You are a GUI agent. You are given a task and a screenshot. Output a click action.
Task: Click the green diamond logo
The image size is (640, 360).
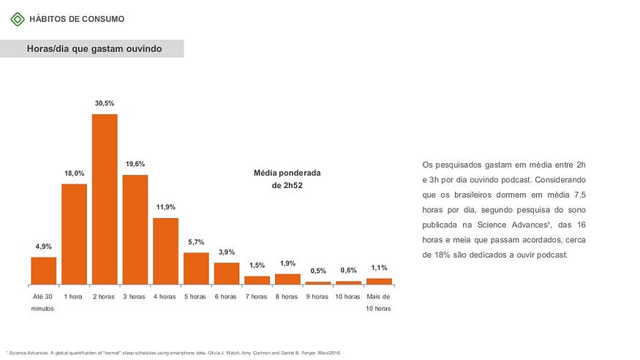click(18, 19)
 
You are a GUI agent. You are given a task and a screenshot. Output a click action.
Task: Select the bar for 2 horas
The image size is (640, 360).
click(105, 199)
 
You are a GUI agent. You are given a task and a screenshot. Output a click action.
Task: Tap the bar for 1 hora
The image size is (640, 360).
click(74, 233)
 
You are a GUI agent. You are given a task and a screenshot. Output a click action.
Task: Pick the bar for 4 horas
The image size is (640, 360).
click(165, 250)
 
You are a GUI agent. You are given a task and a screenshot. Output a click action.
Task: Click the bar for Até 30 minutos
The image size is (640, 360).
click(43, 270)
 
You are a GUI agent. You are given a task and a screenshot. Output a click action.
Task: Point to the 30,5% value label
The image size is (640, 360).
click(105, 104)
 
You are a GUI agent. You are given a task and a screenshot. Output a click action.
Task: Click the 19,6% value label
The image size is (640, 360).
click(135, 164)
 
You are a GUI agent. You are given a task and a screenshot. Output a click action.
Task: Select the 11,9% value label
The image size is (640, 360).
click(165, 207)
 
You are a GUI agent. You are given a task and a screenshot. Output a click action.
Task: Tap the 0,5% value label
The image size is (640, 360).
click(318, 271)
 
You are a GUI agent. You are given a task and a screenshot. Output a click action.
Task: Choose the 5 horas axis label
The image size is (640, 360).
click(196, 296)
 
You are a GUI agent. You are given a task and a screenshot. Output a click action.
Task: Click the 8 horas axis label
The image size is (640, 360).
click(287, 296)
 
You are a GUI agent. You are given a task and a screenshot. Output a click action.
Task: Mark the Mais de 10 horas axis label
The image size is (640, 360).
click(379, 302)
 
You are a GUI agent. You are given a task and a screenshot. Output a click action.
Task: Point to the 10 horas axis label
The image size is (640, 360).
click(348, 296)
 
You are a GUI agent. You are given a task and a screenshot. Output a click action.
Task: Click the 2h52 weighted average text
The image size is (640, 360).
click(287, 186)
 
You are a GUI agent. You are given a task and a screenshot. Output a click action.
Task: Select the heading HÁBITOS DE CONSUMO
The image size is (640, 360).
click(77, 19)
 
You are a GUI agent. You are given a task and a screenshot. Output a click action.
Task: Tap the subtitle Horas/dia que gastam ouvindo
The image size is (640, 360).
click(94, 48)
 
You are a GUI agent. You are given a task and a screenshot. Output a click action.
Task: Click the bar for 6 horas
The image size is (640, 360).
click(227, 273)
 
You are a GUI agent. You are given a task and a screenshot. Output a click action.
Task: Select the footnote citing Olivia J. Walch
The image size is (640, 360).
click(173, 353)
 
